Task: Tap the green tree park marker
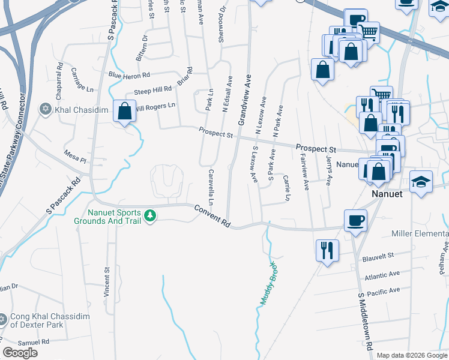(x=151, y=215)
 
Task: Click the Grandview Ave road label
(x=245, y=100)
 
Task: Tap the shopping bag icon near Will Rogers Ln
(x=124, y=111)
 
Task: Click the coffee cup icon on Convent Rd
(x=356, y=220)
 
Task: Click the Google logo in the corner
(x=20, y=353)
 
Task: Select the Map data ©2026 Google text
(x=412, y=355)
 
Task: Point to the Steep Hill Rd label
(x=152, y=91)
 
